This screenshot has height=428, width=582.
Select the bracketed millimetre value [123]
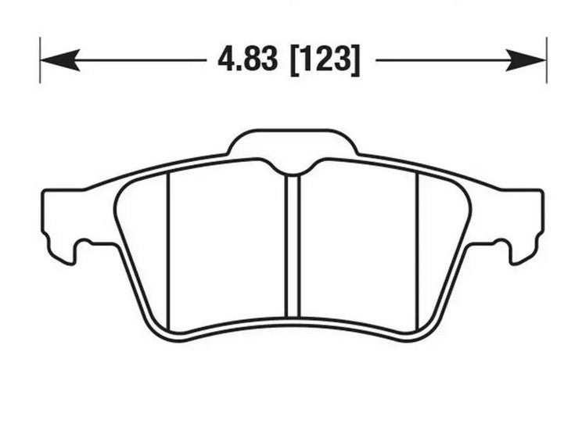click(325, 60)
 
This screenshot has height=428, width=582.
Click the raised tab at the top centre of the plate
click(293, 142)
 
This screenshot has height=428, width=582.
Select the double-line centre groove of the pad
click(293, 250)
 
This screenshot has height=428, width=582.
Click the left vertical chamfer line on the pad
click(169, 250)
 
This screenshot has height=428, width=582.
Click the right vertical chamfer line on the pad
click(417, 250)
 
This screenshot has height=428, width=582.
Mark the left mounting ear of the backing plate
click(59, 215)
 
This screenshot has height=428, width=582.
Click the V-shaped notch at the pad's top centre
click(293, 169)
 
